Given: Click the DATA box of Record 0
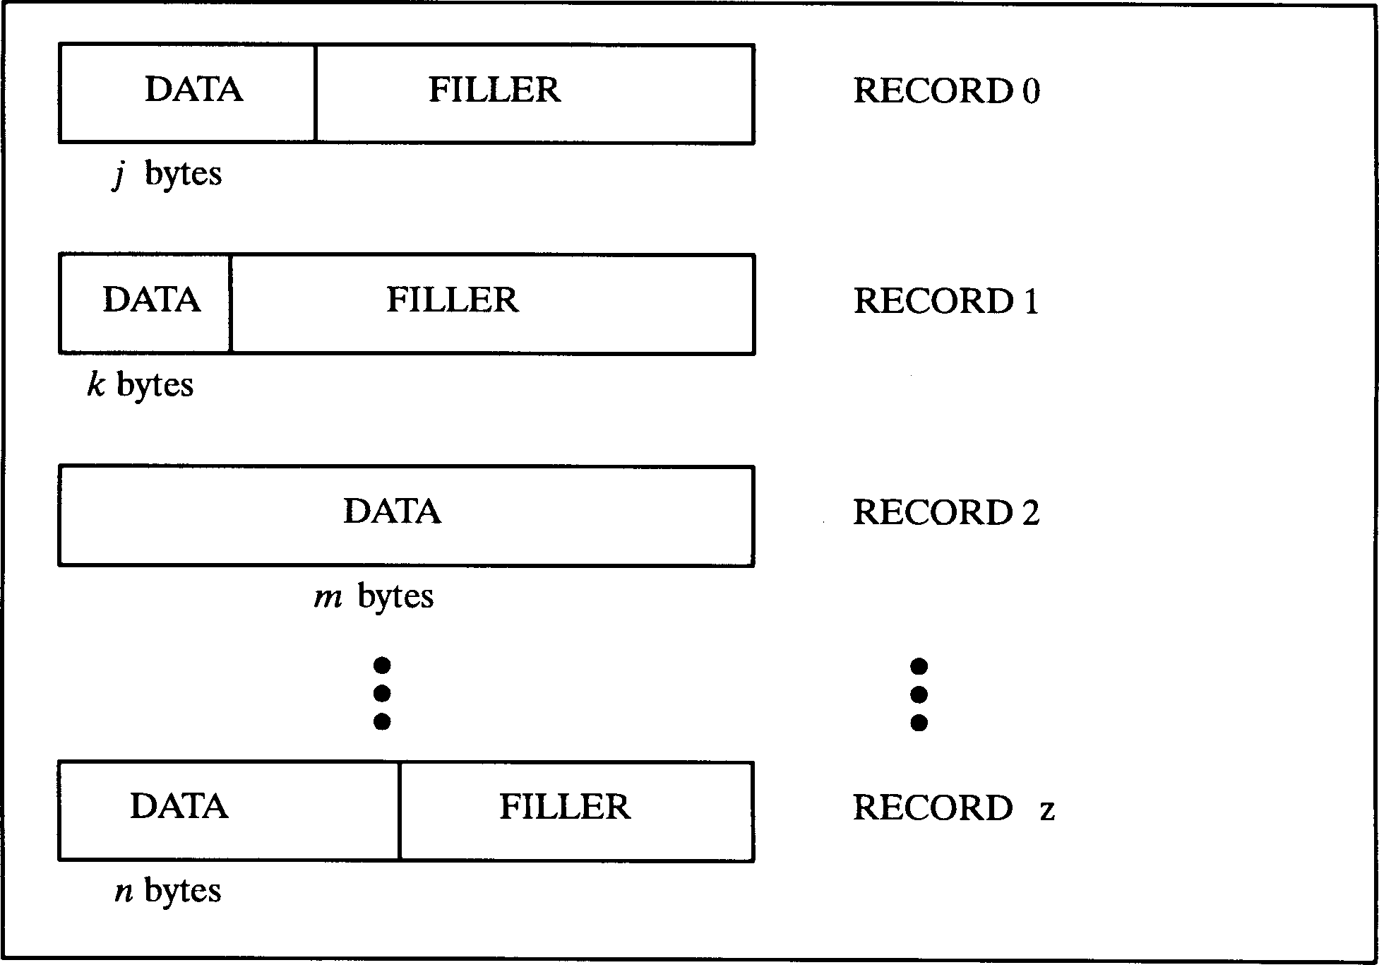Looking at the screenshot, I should pyautogui.click(x=188, y=93).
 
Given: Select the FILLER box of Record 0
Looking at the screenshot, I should pyautogui.click(x=535, y=93).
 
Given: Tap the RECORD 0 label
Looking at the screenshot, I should pyautogui.click(x=946, y=91).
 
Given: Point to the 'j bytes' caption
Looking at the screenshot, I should pyautogui.click(x=168, y=174).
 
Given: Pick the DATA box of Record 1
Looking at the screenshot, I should pyautogui.click(x=145, y=303).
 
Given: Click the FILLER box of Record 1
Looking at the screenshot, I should pyautogui.click(x=492, y=303).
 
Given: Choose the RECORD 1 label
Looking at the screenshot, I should pyautogui.click(x=946, y=302).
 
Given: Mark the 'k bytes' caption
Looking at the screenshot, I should pyautogui.click(x=140, y=385).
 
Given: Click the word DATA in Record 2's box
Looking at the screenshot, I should pyautogui.click(x=393, y=511).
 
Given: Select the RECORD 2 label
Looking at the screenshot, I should pyautogui.click(x=946, y=513).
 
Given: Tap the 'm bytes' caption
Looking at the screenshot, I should pyautogui.click(x=374, y=597).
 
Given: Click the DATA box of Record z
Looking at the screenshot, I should pyautogui.click(x=229, y=810).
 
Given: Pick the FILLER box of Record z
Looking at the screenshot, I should pyautogui.click(x=576, y=810).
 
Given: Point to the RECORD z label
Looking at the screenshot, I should pyautogui.click(x=953, y=808).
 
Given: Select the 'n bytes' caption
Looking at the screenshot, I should pyautogui.click(x=168, y=891).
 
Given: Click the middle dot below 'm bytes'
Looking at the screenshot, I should pyautogui.click(x=382, y=694).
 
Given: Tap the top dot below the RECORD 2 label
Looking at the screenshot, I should pyautogui.click(x=919, y=666).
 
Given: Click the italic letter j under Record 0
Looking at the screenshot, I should pyautogui.click(x=119, y=174).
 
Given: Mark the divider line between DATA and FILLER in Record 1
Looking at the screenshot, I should pyautogui.click(x=230, y=303).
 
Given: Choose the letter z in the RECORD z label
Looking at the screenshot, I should pyautogui.click(x=1047, y=810).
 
